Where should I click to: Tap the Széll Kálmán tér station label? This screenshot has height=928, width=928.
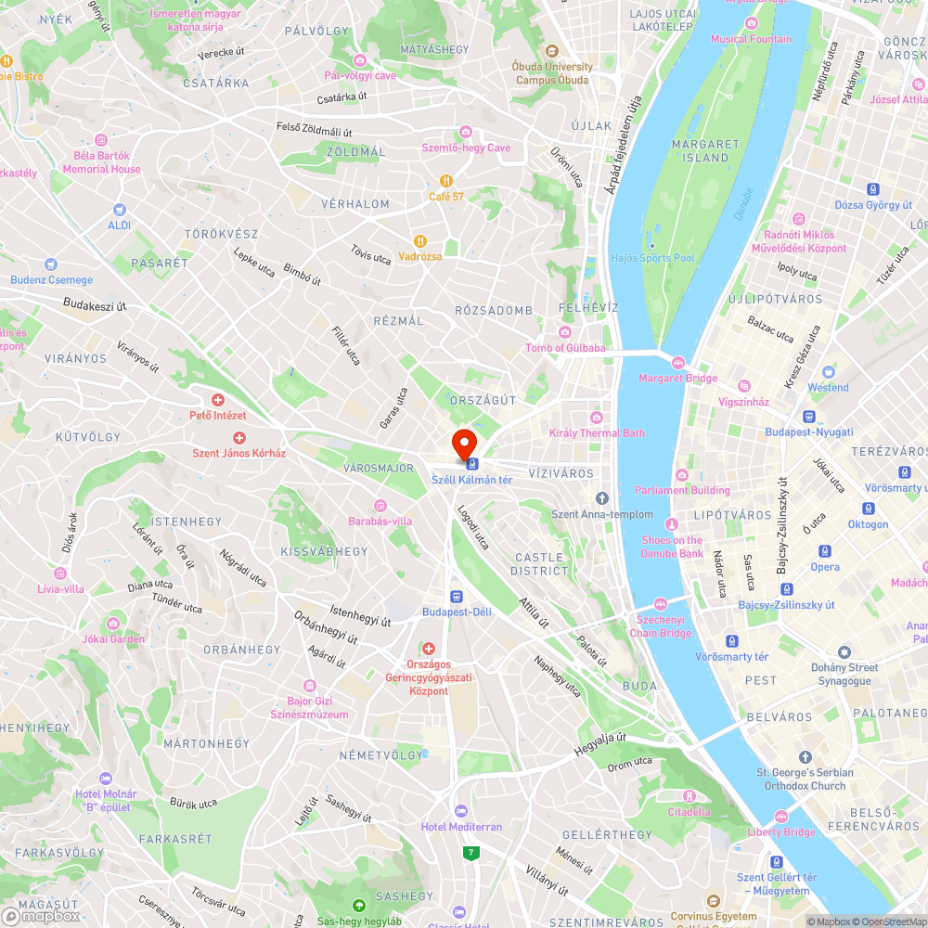pyautogui.click(x=472, y=479)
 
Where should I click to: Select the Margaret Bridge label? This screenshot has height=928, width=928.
pyautogui.click(x=677, y=378)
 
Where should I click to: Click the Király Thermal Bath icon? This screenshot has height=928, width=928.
pyautogui.click(x=596, y=417)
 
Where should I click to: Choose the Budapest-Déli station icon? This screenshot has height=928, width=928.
pyautogui.click(x=457, y=597)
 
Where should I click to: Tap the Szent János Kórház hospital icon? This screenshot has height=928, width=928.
pyautogui.click(x=238, y=437)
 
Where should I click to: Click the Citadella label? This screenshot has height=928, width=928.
pyautogui.click(x=689, y=812)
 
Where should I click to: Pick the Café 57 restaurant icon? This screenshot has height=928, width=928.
pyautogui.click(x=446, y=180)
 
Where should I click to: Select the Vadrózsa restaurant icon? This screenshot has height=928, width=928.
pyautogui.click(x=421, y=240)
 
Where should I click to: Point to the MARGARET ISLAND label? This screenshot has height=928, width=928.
pyautogui.click(x=705, y=151)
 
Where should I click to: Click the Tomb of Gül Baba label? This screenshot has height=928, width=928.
pyautogui.click(x=565, y=348)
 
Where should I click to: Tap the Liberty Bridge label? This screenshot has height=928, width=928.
pyautogui.click(x=782, y=831)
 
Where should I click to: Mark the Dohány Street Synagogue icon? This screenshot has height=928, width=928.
pyautogui.click(x=844, y=652)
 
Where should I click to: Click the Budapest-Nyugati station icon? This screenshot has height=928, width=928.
pyautogui.click(x=809, y=417)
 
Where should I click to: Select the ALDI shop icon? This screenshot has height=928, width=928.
pyautogui.click(x=119, y=211)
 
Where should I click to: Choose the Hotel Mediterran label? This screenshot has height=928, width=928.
pyautogui.click(x=461, y=827)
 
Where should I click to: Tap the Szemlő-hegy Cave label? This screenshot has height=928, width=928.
pyautogui.click(x=466, y=148)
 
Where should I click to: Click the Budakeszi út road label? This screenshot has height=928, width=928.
pyautogui.click(x=96, y=303)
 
